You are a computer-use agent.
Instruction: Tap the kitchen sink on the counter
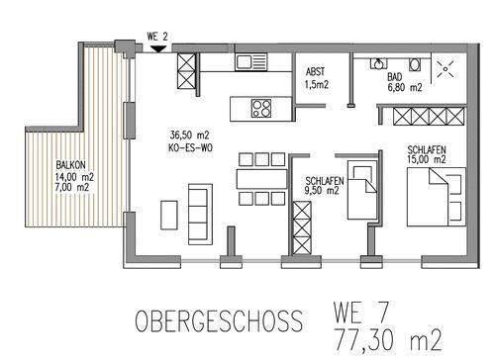pyautogui.click(x=247, y=62)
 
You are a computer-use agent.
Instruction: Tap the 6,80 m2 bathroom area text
pyautogui.click(x=403, y=87)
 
